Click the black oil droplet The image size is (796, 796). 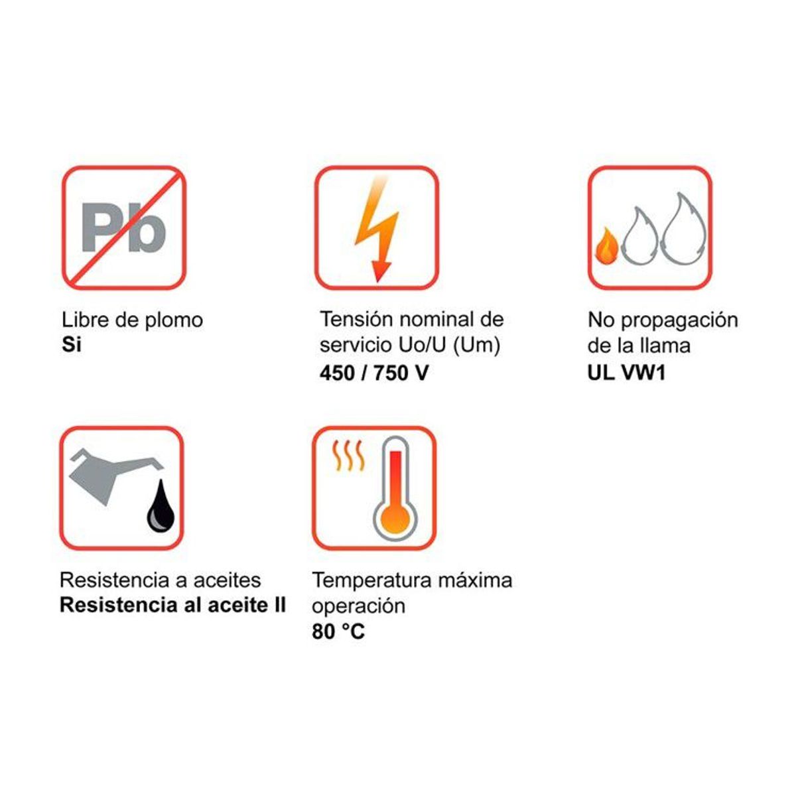click(161, 507)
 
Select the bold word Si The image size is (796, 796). click(71, 346)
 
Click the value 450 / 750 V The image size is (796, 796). click(373, 373)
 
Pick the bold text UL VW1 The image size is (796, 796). click(626, 372)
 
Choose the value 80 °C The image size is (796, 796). click(338, 631)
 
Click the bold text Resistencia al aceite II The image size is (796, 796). click(172, 606)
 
